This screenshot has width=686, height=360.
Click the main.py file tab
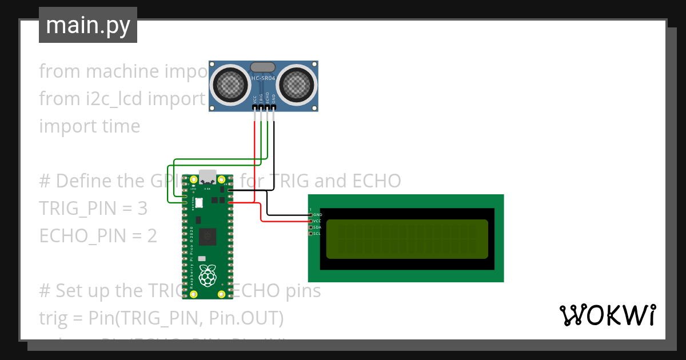pos(87,25)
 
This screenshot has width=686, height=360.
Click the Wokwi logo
pos(607,315)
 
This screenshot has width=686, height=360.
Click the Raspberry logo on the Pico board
pos(208,275)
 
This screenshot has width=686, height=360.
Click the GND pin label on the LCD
pos(318,215)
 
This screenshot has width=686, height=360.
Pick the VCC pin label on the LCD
pos(318,221)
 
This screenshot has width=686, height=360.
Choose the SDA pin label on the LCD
pos(318,227)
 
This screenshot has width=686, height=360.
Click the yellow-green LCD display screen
pos(407,239)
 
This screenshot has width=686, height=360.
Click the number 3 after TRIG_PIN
pos(142,209)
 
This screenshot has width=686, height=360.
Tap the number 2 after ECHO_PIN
pos(151,235)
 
